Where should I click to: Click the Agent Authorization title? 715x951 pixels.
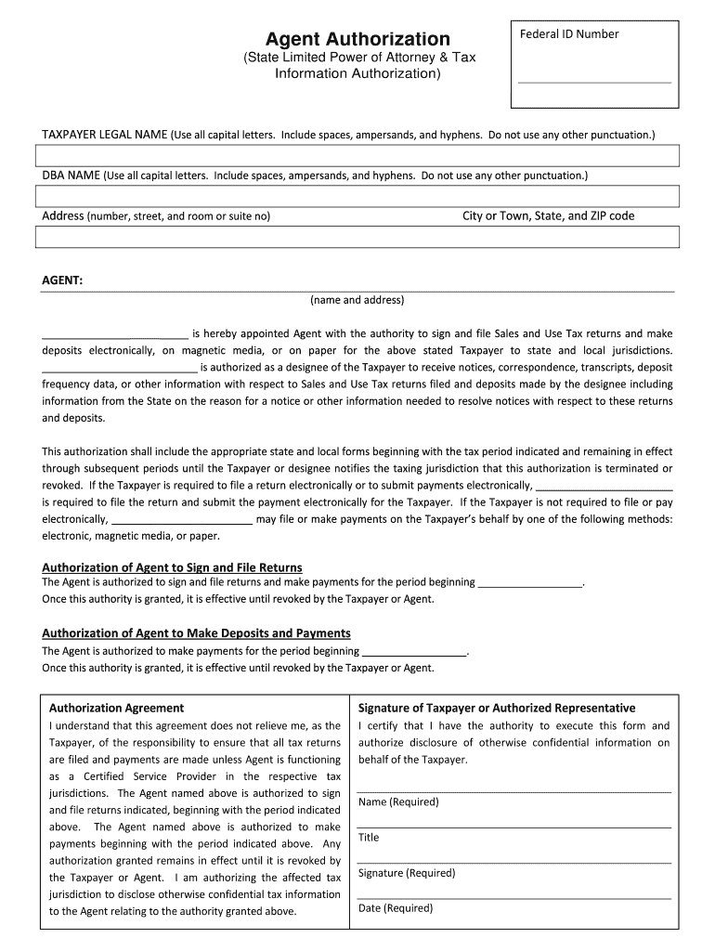pyautogui.click(x=357, y=39)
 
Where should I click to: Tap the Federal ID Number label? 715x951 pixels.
pyautogui.click(x=568, y=34)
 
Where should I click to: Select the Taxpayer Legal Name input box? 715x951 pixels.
pyautogui.click(x=357, y=157)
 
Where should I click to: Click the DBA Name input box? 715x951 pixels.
pyautogui.click(x=357, y=196)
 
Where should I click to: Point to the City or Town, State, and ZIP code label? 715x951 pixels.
pyautogui.click(x=548, y=216)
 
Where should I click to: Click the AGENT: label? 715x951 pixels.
pyautogui.click(x=63, y=280)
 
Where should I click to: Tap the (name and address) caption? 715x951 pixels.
pyautogui.click(x=357, y=300)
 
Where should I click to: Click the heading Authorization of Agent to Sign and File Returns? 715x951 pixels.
pyautogui.click(x=172, y=567)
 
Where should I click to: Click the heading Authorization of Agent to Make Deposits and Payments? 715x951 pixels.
pyautogui.click(x=196, y=633)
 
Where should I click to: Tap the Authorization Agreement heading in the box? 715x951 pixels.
pyautogui.click(x=116, y=708)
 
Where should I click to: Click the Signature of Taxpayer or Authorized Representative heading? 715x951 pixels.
pyautogui.click(x=497, y=708)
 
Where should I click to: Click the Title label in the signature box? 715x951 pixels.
pyautogui.click(x=369, y=837)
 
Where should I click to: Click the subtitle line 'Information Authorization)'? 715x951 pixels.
pyautogui.click(x=357, y=73)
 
